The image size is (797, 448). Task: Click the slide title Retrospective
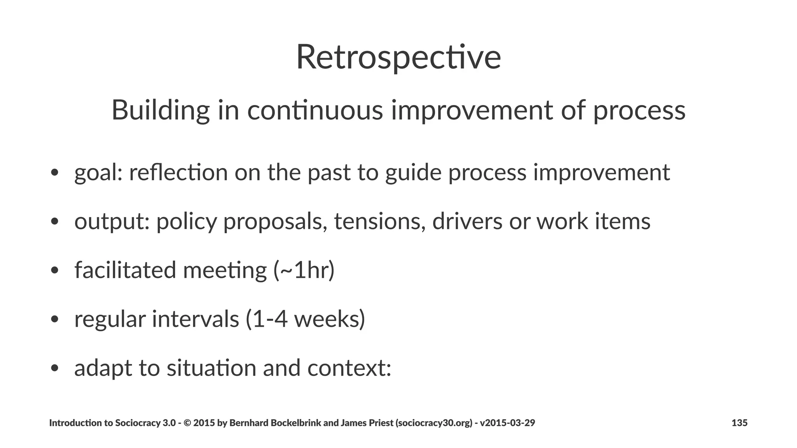[x=398, y=58]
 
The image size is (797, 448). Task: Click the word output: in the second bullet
[x=112, y=222]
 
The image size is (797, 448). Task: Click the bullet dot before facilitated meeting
[x=54, y=270]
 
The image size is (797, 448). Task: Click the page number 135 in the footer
[x=739, y=423]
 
